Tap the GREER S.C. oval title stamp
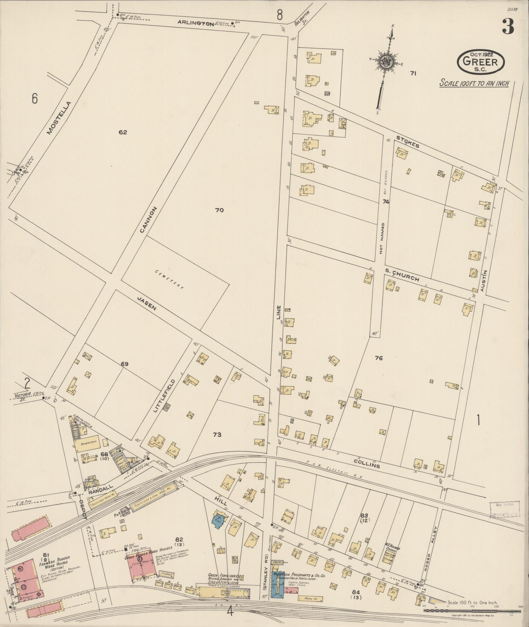[x=481, y=62]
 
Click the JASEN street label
[x=147, y=304]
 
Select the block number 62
[x=123, y=132]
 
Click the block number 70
[x=219, y=210]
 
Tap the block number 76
[x=379, y=358]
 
